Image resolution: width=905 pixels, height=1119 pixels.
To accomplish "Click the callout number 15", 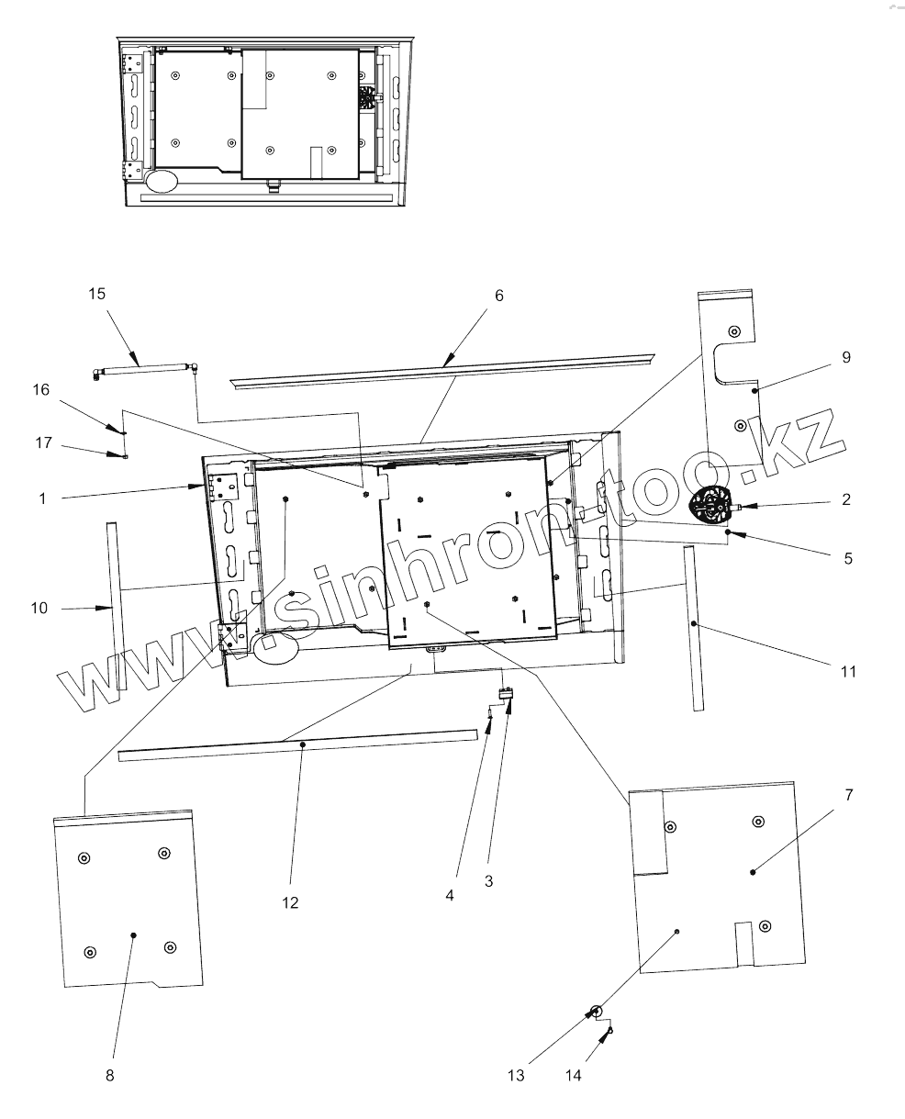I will (96, 294).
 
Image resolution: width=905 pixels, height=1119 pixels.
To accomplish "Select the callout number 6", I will (498, 295).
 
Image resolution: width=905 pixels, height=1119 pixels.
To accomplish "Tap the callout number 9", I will (846, 356).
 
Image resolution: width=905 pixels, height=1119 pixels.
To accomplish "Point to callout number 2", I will (846, 500).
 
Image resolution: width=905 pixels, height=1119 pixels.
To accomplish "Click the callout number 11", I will (847, 671).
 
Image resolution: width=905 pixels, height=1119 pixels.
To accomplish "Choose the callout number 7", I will (848, 795).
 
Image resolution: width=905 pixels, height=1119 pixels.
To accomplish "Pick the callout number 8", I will (110, 1076).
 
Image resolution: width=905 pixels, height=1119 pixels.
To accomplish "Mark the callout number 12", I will (290, 902).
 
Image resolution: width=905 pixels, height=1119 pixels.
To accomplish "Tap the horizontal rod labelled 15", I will (147, 369).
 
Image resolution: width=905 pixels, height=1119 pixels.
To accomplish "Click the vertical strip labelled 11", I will (693, 629).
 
